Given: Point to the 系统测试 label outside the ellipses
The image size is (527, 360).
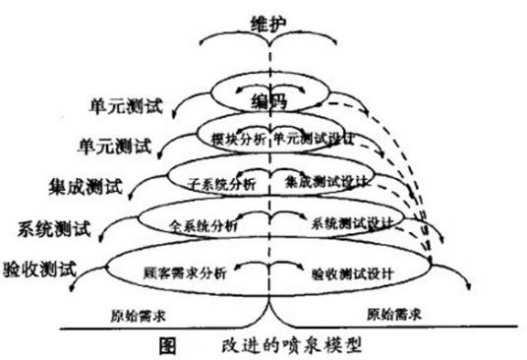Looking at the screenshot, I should click(55, 230).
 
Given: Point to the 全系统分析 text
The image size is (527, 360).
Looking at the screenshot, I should click(203, 225).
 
